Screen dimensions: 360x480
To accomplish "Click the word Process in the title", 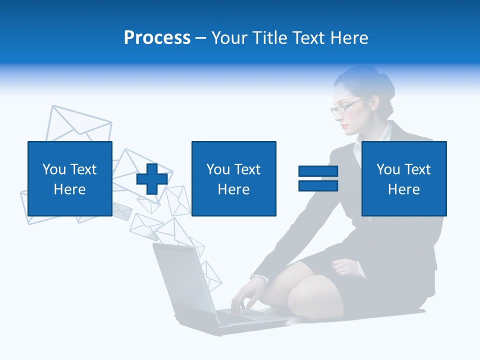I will coord(157,38).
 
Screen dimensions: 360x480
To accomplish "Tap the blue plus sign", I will coord(152,179).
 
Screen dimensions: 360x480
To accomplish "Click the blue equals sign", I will coord(318,178).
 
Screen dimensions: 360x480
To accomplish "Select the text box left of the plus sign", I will coord(70,178).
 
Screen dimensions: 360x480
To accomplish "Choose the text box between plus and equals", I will coord(234,178).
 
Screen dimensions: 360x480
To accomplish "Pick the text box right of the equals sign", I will coord(404,178).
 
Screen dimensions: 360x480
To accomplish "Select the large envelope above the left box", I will coord(80,122).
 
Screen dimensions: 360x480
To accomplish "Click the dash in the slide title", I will coord(201,38).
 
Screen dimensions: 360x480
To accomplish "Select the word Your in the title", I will coord(229,38).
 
